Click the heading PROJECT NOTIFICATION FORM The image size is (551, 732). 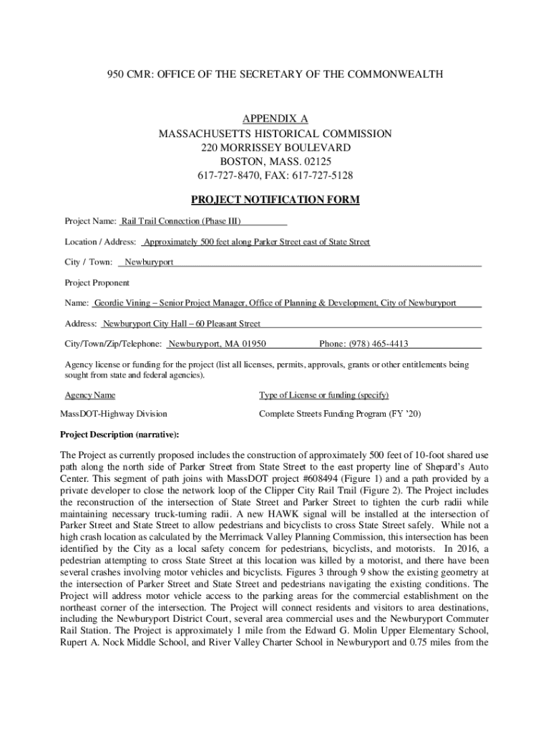pyautogui.click(x=275, y=199)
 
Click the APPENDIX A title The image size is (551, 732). pyautogui.click(x=275, y=119)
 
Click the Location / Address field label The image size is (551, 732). pyautogui.click(x=100, y=242)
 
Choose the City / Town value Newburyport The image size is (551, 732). pyautogui.click(x=150, y=262)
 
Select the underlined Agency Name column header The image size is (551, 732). pyautogui.click(x=90, y=395)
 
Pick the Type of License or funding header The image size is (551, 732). pyautogui.click(x=323, y=395)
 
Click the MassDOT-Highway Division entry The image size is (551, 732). pyautogui.click(x=113, y=414)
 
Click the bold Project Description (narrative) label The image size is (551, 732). pyautogui.click(x=120, y=434)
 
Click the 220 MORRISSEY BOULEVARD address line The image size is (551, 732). pyautogui.click(x=275, y=147)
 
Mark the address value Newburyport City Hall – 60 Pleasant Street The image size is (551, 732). pyautogui.click(x=182, y=324)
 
